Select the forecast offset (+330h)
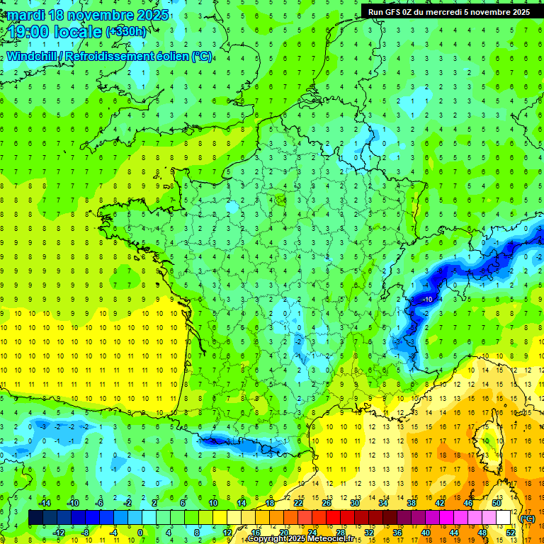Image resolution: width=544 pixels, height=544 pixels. [126, 32]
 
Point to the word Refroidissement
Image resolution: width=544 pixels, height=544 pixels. [114, 56]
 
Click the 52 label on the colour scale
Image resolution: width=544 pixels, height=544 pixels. [511, 532]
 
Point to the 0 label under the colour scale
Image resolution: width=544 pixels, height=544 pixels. [140, 532]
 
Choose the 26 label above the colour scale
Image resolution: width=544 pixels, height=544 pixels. [327, 503]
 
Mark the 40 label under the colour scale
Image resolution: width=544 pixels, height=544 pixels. [425, 532]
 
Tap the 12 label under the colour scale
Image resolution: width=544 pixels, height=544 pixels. [227, 532]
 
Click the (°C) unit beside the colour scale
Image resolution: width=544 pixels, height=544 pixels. [528, 518]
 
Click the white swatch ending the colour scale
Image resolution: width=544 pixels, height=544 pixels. [504, 518]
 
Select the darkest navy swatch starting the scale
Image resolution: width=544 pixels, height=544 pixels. [35, 518]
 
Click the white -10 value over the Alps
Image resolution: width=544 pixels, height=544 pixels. [428, 300]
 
